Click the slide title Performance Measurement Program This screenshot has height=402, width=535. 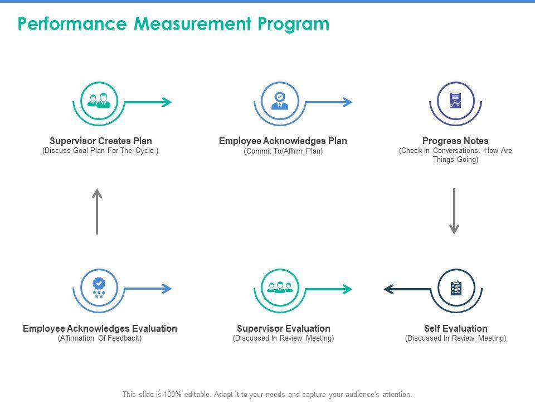tap(173, 24)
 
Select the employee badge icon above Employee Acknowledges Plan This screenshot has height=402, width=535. tap(280, 100)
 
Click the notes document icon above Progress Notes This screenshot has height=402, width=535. tap(455, 100)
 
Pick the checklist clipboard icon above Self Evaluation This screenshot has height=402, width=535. tap(455, 288)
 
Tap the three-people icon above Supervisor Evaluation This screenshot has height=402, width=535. tap(280, 288)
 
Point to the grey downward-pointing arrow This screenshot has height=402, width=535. tap(454, 211)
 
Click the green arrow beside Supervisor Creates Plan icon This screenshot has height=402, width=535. tap(148, 102)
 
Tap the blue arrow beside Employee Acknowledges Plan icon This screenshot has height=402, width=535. tap(329, 102)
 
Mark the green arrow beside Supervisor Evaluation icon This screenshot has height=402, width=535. tap(329, 289)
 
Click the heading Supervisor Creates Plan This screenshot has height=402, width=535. tap(101, 141)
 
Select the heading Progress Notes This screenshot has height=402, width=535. tap(455, 141)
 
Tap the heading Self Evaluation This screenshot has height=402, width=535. tap(455, 328)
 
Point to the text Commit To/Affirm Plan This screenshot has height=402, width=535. tap(283, 151)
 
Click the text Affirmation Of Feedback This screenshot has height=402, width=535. tap(100, 338)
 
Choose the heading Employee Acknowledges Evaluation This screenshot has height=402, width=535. tap(100, 328)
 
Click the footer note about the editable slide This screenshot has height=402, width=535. tap(267, 394)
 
